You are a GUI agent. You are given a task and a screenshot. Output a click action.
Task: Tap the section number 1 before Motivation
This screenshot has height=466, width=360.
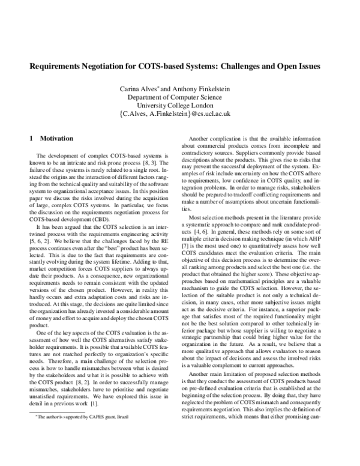[x=31, y=138]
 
